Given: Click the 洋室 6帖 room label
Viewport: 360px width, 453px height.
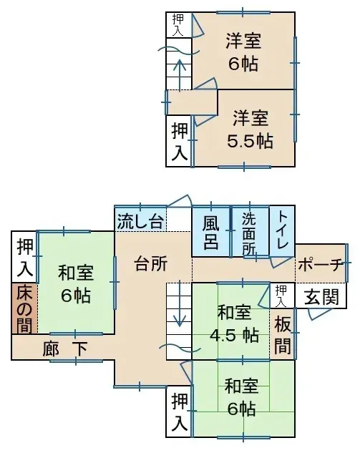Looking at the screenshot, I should (x=244, y=52).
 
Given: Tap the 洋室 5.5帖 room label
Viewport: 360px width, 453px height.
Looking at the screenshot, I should (x=250, y=130).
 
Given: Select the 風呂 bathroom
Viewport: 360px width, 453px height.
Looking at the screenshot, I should (x=210, y=231).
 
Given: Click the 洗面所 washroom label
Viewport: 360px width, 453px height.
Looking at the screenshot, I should (x=249, y=231).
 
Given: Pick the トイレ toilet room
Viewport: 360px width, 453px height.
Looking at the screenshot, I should (x=282, y=230).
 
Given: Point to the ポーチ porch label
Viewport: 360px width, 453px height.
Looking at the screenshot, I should (x=320, y=264).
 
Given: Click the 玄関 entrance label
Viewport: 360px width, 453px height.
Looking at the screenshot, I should (x=321, y=296).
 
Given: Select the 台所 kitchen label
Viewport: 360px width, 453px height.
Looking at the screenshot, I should (x=151, y=263).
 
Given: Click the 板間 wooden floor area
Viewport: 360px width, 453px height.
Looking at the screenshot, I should (x=283, y=333).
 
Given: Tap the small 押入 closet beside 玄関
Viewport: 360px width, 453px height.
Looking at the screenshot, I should (x=283, y=292).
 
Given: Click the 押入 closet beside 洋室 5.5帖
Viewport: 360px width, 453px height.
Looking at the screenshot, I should (x=180, y=141).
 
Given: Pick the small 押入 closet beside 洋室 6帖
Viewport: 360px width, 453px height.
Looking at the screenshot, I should (x=177, y=24).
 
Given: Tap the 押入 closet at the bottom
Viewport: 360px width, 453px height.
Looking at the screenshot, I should (x=180, y=411).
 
